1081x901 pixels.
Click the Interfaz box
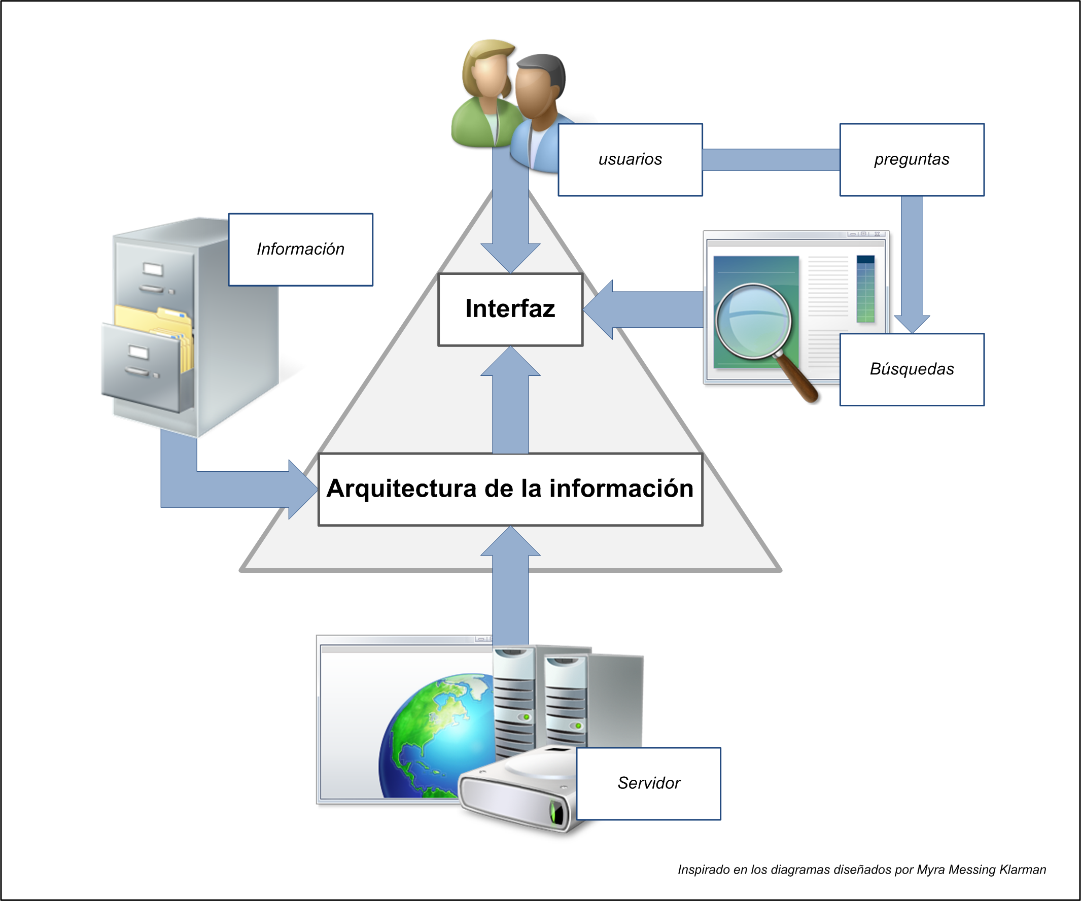tap(510, 309)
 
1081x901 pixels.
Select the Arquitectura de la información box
tap(510, 489)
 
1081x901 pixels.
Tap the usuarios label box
tap(630, 160)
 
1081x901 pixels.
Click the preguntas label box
tap(912, 160)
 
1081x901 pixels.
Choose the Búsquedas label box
tap(912, 370)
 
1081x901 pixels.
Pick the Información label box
tap(301, 250)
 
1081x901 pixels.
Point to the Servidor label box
tap(649, 783)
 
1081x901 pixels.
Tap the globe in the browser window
tap(438, 736)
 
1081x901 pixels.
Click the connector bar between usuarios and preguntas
tap(771, 160)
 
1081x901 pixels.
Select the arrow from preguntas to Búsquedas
tap(912, 263)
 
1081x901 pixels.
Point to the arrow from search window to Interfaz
tap(649, 309)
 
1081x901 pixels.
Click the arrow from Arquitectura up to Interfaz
tap(510, 407)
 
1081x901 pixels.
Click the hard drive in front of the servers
tap(515, 793)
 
